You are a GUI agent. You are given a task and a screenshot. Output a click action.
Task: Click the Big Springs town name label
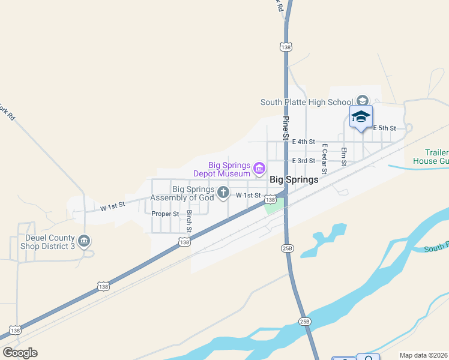(294, 179)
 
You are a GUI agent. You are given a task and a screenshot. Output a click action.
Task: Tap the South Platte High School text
(306, 102)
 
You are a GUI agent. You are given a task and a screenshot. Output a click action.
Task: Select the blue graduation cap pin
(361, 116)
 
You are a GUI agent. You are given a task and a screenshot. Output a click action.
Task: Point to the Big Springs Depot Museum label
(221, 169)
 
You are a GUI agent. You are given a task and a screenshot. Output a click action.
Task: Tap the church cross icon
(223, 193)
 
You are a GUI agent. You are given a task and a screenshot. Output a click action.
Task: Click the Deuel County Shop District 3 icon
(84, 241)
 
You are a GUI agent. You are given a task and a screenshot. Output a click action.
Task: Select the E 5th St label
(384, 128)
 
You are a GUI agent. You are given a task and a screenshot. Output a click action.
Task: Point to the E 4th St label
(303, 142)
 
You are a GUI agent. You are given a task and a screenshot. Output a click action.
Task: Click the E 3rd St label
(303, 161)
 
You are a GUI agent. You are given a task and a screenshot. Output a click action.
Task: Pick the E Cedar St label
(324, 158)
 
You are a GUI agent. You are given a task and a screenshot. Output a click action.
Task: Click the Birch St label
(188, 221)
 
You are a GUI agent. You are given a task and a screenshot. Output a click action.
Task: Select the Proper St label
(165, 214)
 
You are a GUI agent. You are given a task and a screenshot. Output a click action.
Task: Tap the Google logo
(20, 353)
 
